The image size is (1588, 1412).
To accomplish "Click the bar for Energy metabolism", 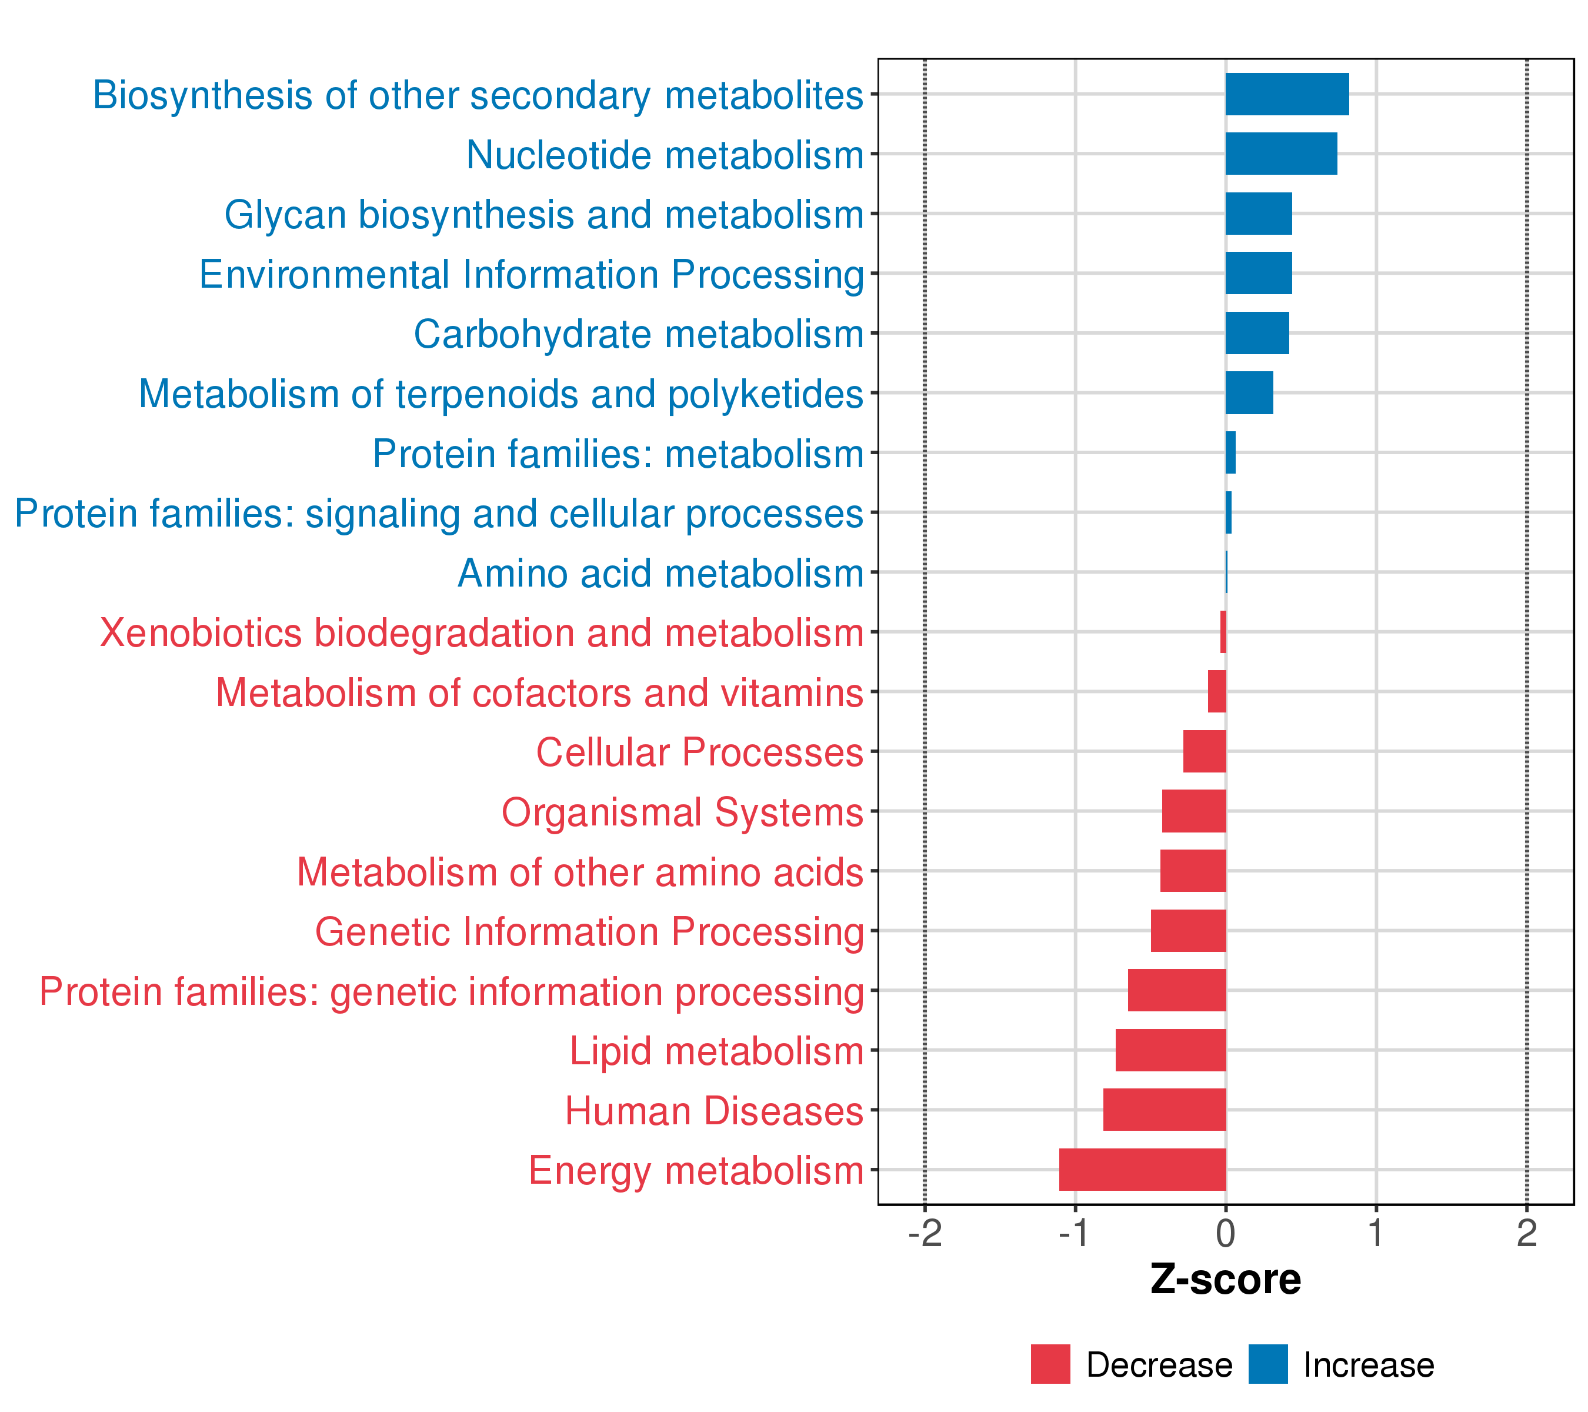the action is coord(1142,1170).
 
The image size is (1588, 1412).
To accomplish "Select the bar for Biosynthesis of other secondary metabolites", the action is coord(1287,94).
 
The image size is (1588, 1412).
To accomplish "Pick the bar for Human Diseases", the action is coord(1165,1110).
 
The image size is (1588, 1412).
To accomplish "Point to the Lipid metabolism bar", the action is coord(1171,1050).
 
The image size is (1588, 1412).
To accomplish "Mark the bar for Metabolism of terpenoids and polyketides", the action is coord(1249,392).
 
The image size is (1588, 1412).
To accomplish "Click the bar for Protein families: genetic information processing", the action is coord(1177,990).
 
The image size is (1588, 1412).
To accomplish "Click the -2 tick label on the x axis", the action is coord(925,1233).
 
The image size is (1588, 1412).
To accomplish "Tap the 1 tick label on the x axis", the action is coord(1376,1233).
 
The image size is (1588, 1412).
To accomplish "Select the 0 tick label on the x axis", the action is coord(1226,1233).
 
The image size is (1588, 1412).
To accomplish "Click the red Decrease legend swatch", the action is coord(1050,1364).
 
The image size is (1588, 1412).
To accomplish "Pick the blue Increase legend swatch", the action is coord(1268,1364).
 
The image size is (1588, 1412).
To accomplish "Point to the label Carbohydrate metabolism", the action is coord(639,335).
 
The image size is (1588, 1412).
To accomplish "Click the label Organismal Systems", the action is coord(682,814).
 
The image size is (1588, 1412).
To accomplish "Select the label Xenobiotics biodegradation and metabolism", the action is coord(482,632).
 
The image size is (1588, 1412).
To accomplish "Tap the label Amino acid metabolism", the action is coord(660,574).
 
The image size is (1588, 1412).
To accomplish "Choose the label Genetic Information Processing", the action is coord(589,933).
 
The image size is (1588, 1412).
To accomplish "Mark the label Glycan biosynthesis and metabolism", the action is coord(544,215).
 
